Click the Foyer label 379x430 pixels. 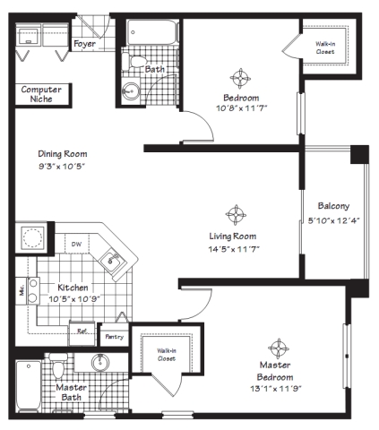(84, 44)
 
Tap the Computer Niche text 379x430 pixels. (41, 94)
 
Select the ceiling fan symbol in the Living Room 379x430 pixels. (236, 215)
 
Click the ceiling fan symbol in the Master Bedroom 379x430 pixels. (279, 348)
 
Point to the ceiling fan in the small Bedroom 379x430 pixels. (240, 79)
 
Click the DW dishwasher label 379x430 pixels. (76, 245)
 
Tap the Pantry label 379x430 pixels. (114, 337)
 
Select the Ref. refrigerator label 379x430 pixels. (82, 331)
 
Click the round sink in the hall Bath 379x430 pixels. (131, 90)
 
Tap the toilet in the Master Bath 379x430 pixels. (58, 365)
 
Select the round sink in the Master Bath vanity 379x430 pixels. (100, 362)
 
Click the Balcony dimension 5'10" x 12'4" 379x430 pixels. (333, 220)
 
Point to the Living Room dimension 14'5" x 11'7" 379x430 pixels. (234, 249)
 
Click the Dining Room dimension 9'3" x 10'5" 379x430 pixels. (62, 166)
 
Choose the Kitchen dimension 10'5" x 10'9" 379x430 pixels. (74, 298)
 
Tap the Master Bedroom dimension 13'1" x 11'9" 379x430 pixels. (276, 389)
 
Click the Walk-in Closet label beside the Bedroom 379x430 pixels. (325, 47)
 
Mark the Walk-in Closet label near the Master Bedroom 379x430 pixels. (167, 355)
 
